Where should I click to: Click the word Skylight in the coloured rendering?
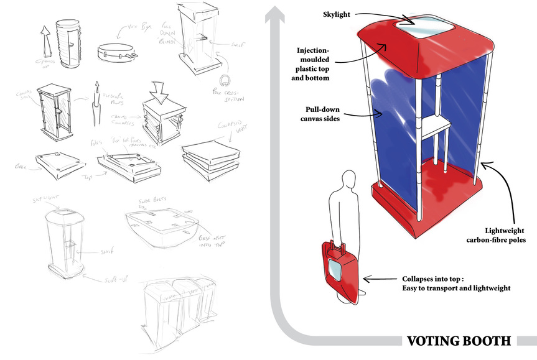[x=340, y=15]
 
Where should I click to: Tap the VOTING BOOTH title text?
[x=459, y=341]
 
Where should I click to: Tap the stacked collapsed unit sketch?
[x=210, y=160]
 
